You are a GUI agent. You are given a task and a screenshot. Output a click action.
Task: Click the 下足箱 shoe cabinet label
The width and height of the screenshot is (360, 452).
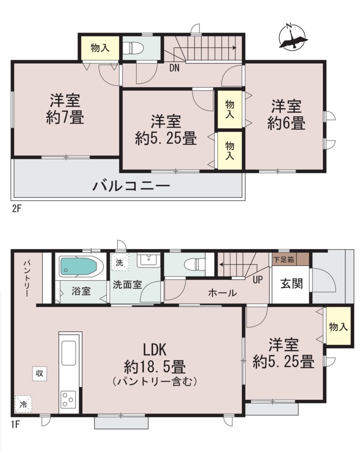(x=283, y=260)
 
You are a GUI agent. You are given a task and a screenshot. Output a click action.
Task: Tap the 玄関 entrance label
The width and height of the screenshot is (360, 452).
(x=292, y=284)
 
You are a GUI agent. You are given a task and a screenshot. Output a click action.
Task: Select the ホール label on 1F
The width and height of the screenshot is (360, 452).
(x=222, y=293)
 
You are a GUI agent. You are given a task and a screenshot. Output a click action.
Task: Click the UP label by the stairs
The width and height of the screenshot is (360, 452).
(x=258, y=279)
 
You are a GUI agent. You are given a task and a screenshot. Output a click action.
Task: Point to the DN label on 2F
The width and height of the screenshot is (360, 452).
(x=174, y=68)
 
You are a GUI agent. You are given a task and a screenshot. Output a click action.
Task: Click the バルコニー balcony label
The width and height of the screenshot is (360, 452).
(x=131, y=186)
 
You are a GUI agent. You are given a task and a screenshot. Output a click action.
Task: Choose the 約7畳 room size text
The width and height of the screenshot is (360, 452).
(x=65, y=118)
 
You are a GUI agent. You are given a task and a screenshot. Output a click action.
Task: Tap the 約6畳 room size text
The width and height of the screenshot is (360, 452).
(x=286, y=123)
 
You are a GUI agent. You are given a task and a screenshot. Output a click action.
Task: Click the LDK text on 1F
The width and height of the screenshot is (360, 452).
(x=155, y=350)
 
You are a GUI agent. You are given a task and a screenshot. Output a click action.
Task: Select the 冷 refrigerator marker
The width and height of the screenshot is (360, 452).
(x=23, y=404)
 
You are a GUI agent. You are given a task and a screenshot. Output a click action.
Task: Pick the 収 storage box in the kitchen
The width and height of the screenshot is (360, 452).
(x=39, y=373)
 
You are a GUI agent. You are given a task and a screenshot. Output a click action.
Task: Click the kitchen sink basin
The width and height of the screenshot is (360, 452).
(x=68, y=354)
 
